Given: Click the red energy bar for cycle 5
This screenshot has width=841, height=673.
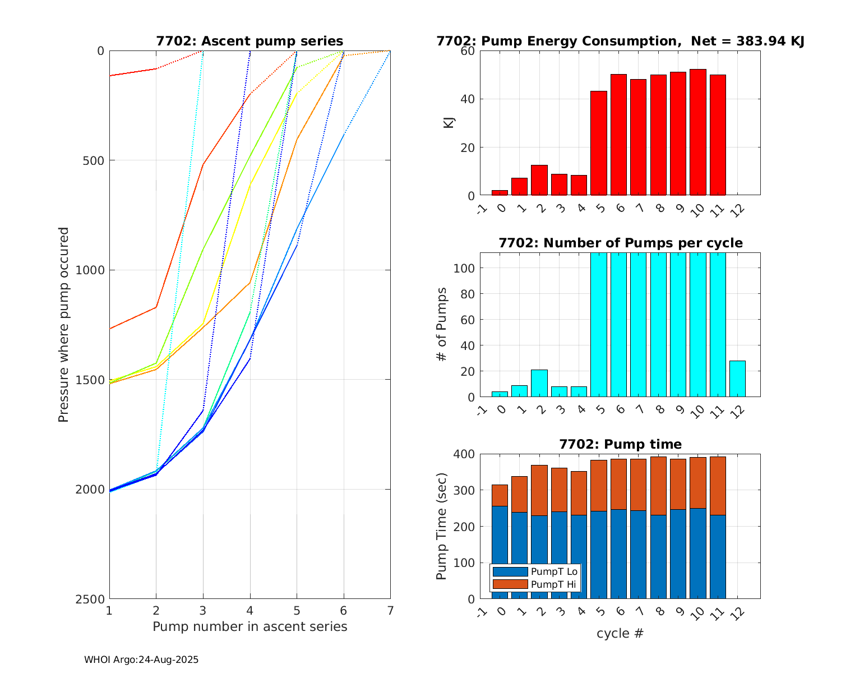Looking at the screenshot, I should [x=598, y=143].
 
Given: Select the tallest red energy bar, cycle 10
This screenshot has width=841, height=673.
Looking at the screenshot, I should [x=697, y=132].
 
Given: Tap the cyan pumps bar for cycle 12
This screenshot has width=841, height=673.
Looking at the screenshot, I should [x=737, y=379].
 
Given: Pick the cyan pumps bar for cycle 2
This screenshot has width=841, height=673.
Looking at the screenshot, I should [x=539, y=384].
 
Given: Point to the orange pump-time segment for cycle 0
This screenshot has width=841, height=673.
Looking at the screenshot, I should [x=500, y=495].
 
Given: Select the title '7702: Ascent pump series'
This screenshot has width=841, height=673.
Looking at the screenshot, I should [x=249, y=41].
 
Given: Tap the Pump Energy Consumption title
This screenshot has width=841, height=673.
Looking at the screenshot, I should [x=620, y=41].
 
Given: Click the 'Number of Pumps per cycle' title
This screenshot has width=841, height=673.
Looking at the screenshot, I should [x=620, y=243].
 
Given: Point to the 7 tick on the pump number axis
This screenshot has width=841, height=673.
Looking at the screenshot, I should [x=390, y=610].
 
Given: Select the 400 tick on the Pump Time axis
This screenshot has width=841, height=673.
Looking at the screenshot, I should [x=464, y=454].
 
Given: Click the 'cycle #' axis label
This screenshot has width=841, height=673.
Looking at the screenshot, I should [x=620, y=634].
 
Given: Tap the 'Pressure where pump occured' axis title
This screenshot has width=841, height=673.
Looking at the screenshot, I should [x=64, y=325].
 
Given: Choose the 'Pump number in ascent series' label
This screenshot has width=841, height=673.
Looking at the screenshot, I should [x=249, y=626].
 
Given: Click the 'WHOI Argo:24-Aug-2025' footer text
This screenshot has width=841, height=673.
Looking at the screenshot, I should [x=141, y=660].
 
